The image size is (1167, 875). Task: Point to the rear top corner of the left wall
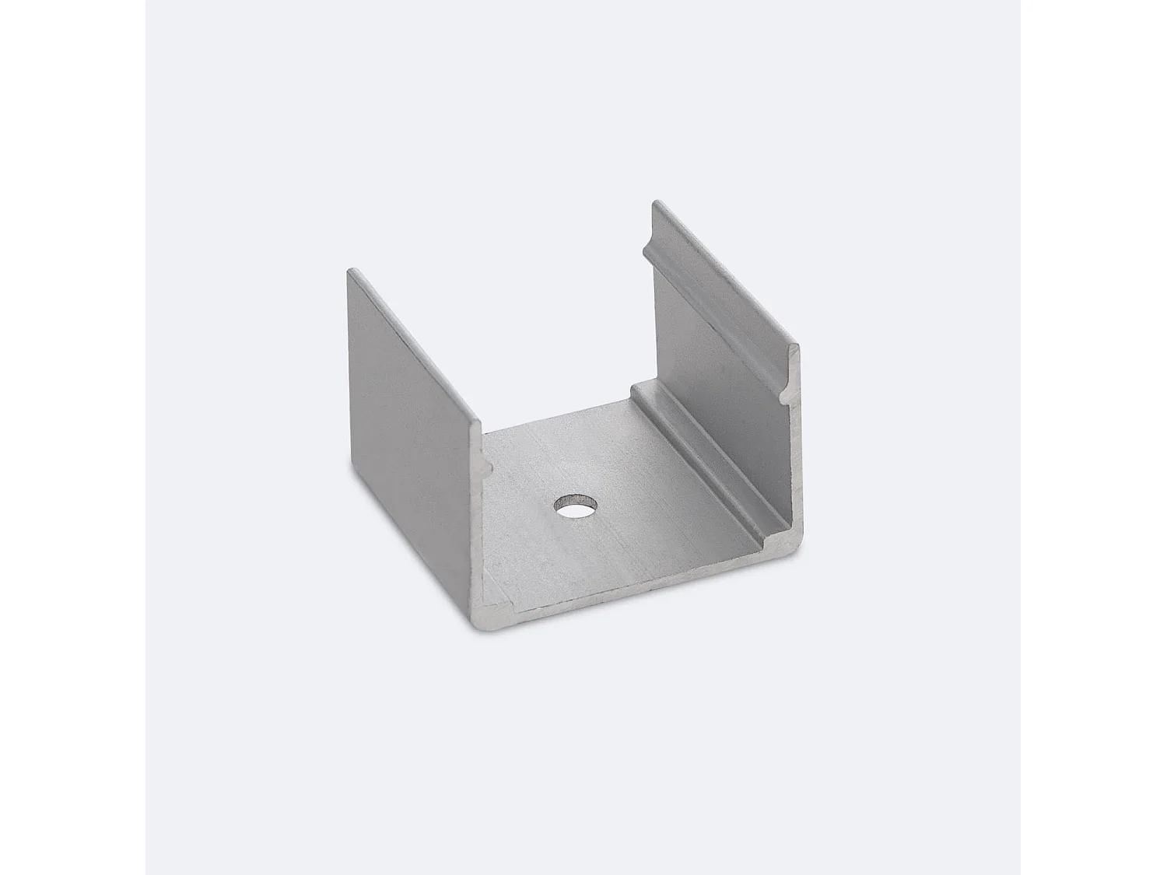352,271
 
